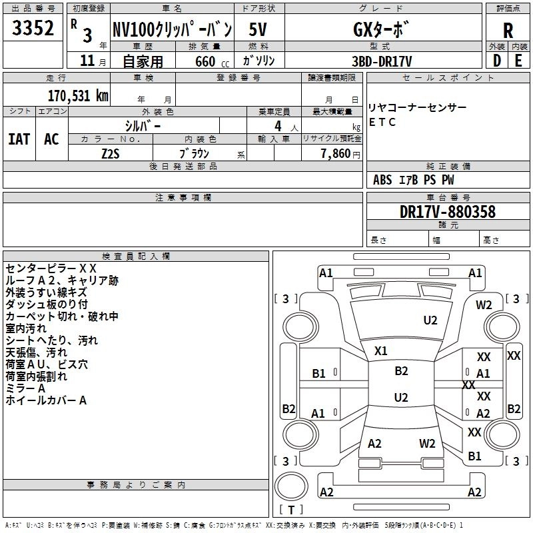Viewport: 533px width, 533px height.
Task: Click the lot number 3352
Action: [33, 28]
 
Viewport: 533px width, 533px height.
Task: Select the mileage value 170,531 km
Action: [78, 96]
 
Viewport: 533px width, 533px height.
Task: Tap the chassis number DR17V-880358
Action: [448, 212]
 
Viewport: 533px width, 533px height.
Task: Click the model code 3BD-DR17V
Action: [382, 61]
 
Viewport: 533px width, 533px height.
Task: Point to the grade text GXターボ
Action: [380, 29]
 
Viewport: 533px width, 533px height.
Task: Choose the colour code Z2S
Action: [111, 154]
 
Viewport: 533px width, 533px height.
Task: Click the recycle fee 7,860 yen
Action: [340, 154]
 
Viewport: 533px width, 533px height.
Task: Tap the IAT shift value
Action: [19, 139]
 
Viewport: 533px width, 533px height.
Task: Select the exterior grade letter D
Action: [497, 61]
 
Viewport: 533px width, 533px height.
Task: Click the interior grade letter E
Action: [518, 61]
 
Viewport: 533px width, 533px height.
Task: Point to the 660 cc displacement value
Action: [212, 61]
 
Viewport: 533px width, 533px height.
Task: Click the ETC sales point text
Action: [382, 122]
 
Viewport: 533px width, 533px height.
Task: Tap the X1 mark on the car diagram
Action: [380, 351]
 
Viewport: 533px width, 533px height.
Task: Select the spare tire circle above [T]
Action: [291, 486]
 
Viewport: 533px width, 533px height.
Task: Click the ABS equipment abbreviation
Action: [382, 180]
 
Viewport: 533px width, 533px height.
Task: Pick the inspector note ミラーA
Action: [25, 388]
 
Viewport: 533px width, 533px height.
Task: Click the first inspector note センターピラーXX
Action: [51, 268]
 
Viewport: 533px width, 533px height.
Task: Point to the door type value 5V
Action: [258, 29]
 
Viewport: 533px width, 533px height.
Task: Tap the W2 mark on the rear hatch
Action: [427, 443]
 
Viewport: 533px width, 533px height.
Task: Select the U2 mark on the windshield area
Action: [430, 320]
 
